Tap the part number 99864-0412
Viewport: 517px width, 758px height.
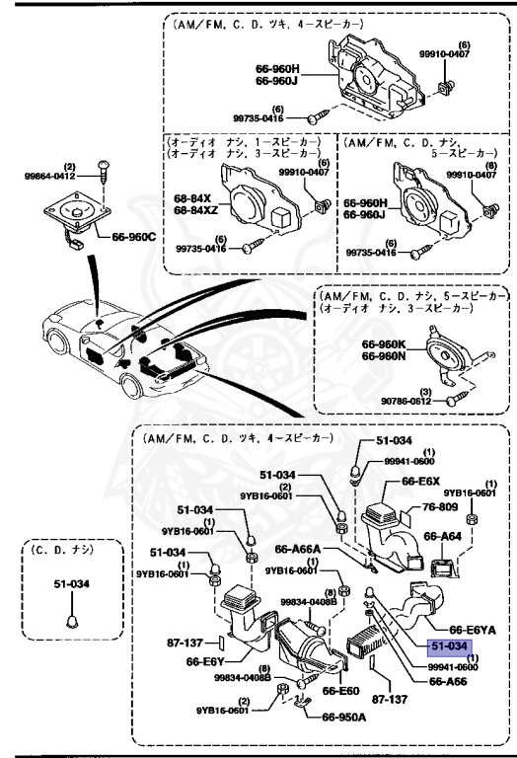(50, 176)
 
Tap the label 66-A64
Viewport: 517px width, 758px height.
(443, 536)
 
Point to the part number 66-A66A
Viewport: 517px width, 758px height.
(298, 550)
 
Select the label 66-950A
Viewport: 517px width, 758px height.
(343, 718)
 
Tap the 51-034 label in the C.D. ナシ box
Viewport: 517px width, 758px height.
(70, 584)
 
